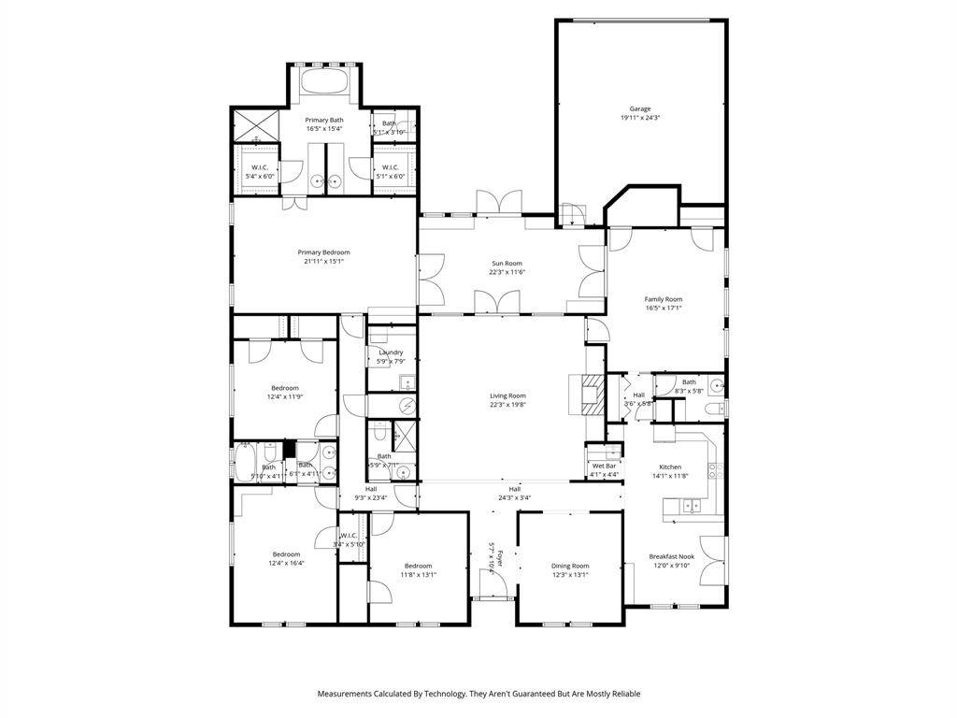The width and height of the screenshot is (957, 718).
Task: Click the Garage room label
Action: tap(640, 108)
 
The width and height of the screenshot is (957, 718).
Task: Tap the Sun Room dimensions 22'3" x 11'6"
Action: tap(507, 272)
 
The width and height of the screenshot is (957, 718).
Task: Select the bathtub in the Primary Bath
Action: tap(325, 82)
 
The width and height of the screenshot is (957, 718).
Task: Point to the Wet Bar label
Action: tap(604, 466)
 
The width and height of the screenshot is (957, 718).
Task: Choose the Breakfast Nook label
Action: tap(669, 556)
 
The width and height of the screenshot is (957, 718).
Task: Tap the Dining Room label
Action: tap(569, 566)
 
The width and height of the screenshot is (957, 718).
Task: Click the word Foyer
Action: tap(500, 560)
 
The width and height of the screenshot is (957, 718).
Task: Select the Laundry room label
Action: tap(391, 352)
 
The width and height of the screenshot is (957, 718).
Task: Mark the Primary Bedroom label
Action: tap(323, 252)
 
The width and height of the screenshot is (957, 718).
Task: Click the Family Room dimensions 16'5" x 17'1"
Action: tap(663, 308)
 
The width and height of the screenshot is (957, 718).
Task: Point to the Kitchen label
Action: tap(670, 467)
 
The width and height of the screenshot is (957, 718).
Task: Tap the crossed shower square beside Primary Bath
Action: tap(255, 123)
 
